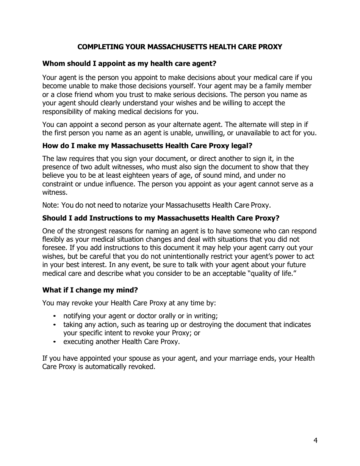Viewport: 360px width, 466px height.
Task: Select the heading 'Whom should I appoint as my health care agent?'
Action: pos(129,63)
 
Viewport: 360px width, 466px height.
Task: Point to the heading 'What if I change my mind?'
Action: pos(90,290)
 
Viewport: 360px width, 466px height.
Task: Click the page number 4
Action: pos(315,440)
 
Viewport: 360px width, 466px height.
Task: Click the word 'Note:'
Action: pos(51,205)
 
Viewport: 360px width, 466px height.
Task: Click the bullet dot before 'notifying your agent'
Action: pos(55,316)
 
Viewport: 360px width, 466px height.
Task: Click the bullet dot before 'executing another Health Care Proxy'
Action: pos(55,342)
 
